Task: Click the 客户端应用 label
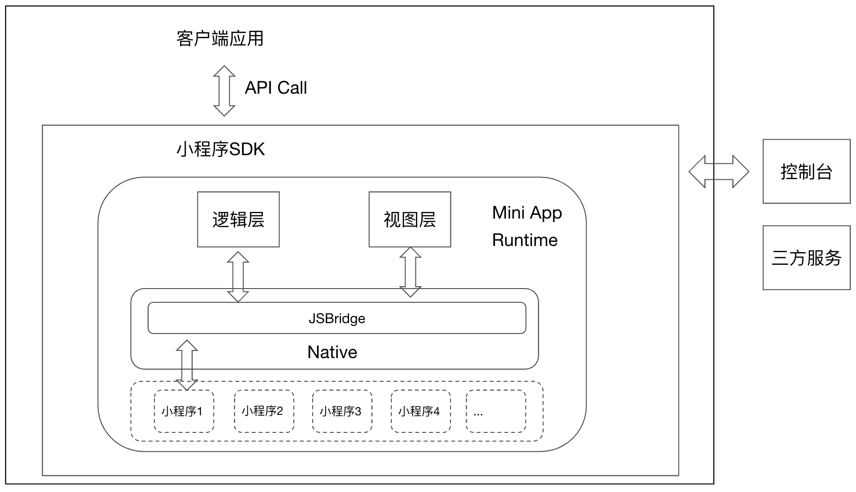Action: (220, 39)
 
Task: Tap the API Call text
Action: (276, 88)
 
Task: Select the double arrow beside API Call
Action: (224, 91)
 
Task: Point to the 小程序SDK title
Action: (220, 149)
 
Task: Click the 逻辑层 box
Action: (238, 220)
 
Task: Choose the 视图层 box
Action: (410, 220)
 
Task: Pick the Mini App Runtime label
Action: (526, 226)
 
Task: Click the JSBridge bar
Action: (337, 318)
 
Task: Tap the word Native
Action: (332, 352)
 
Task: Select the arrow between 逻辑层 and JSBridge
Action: (238, 277)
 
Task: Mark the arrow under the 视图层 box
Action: (410, 272)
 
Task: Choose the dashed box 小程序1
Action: (184, 411)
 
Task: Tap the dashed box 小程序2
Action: (264, 411)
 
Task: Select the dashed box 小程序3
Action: (342, 411)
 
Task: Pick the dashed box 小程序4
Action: (421, 411)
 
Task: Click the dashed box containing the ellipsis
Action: (496, 411)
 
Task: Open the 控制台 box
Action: (806, 172)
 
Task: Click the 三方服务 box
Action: (806, 258)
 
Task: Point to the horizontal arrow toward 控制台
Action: (719, 172)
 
